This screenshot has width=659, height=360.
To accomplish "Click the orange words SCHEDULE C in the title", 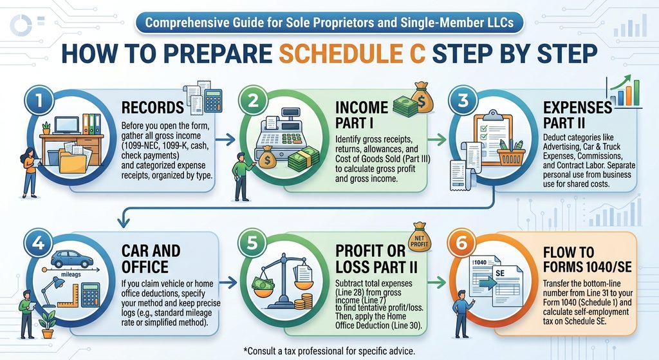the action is pyautogui.click(x=352, y=53).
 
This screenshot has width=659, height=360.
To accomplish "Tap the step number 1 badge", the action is pyautogui.click(x=39, y=101).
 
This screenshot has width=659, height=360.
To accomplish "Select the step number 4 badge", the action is pyautogui.click(x=38, y=243).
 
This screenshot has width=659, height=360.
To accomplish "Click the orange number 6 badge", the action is pyautogui.click(x=461, y=243).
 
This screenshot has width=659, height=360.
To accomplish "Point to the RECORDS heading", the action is pyautogui.click(x=153, y=108).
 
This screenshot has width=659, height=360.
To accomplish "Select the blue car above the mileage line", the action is pyautogui.click(x=72, y=259).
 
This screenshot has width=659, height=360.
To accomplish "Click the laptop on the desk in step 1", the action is pyautogui.click(x=67, y=126).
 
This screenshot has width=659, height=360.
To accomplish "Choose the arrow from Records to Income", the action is pyautogui.click(x=226, y=140).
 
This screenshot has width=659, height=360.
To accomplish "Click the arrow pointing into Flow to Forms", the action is pyautogui.click(x=437, y=283).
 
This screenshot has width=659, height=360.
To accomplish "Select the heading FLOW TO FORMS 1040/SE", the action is pyautogui.click(x=587, y=259).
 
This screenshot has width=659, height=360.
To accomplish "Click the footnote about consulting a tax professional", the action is pyautogui.click(x=329, y=350).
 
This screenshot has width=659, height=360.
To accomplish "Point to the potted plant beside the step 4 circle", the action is pyautogui.click(x=47, y=325).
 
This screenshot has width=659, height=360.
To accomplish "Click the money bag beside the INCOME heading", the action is pyautogui.click(x=422, y=97).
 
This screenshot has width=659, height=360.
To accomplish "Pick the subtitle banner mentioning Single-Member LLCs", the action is pyautogui.click(x=329, y=23).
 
